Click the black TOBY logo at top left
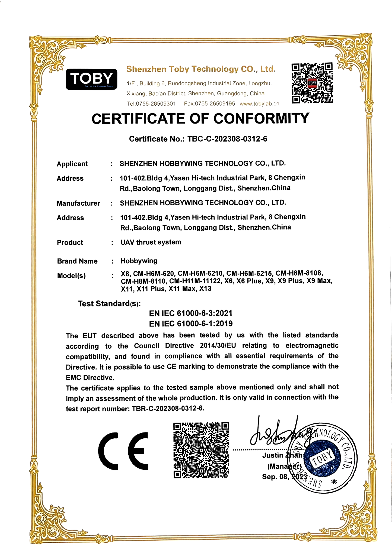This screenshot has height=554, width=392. (91, 79)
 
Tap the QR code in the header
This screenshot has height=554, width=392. (312, 83)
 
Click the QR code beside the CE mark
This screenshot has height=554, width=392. (201, 450)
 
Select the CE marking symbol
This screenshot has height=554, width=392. (123, 451)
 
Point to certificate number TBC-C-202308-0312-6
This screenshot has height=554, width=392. (227, 139)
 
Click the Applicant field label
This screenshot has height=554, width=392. (72, 164)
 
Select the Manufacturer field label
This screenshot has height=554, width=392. (78, 203)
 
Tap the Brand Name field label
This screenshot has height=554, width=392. (77, 261)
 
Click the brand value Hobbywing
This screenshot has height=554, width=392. (139, 261)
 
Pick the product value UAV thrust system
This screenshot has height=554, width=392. (151, 242)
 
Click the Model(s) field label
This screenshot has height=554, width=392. (71, 276)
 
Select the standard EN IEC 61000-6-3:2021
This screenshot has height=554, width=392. (191, 313)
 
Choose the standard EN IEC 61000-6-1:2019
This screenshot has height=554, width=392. (191, 324)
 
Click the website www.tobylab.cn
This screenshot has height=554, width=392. (259, 104)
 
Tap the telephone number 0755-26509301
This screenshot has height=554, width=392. (156, 104)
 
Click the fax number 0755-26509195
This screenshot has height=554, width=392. (215, 104)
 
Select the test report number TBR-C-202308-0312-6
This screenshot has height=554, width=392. (167, 409)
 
